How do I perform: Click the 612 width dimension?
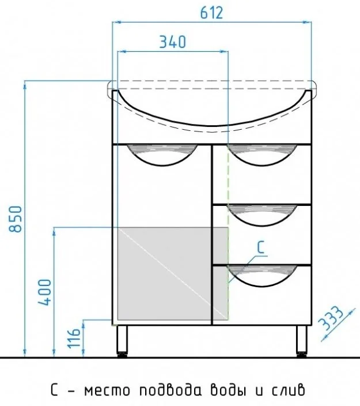pyautogui.click(x=211, y=13)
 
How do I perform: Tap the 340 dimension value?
pyautogui.click(x=172, y=42)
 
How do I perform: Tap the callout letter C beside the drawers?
pyautogui.click(x=261, y=247)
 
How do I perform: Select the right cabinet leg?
pyautogui.click(x=301, y=341)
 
